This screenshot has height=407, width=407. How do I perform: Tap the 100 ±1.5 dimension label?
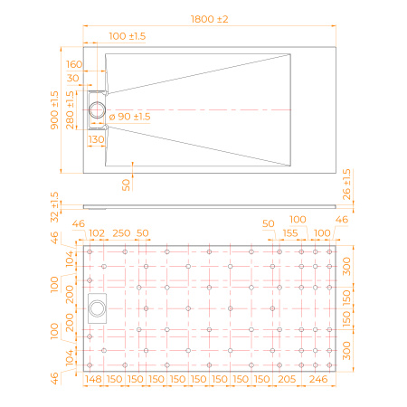click(128, 35)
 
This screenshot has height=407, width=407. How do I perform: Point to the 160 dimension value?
click(75, 64)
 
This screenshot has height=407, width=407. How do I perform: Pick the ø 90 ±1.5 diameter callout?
click(129, 117)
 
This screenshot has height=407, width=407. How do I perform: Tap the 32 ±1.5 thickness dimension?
click(55, 206)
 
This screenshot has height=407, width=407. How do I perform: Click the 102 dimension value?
click(98, 234)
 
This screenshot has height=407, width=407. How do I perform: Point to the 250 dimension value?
click(120, 234)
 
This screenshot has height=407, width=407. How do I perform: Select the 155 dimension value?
click(290, 234)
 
